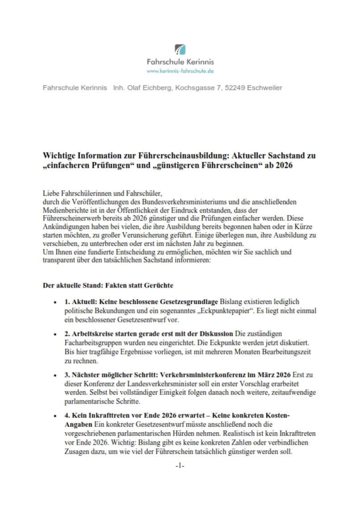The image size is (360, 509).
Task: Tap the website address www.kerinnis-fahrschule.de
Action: (x=180, y=71)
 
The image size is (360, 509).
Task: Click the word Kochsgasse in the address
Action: (x=194, y=88)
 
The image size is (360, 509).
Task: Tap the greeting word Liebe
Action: (x=51, y=193)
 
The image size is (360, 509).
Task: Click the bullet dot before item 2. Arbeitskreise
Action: (x=54, y=334)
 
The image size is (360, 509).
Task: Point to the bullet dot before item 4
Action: (x=54, y=416)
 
